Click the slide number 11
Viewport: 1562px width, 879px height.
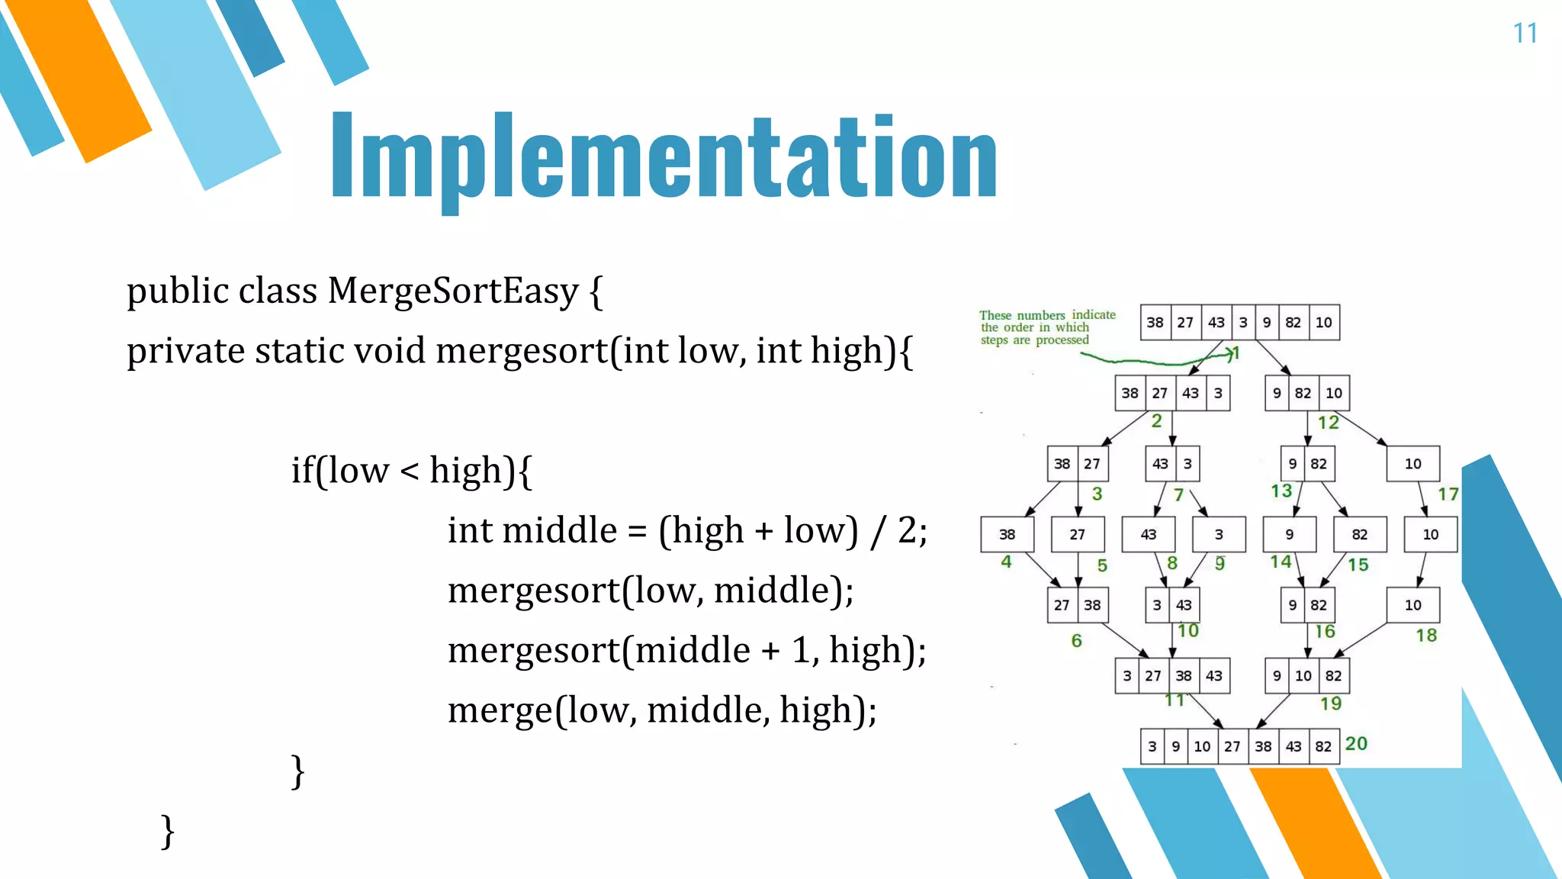tap(1525, 34)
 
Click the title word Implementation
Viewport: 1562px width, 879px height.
tap(664, 157)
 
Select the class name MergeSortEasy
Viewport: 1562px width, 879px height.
tap(453, 291)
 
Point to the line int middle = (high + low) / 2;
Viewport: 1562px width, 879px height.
tap(686, 530)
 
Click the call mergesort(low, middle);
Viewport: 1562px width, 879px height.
tap(650, 591)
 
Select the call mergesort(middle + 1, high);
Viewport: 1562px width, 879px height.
tap(686, 650)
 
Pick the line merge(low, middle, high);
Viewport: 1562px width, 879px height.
tap(661, 710)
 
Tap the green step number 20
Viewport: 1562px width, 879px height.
tap(1356, 743)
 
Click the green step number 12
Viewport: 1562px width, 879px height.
tap(1328, 423)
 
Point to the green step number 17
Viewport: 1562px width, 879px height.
tap(1448, 494)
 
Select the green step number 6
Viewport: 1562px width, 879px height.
tap(1076, 641)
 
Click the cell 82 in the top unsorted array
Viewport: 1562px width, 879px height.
tap(1293, 323)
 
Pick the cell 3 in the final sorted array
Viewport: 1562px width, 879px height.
tap(1152, 746)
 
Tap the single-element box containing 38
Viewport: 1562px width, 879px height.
tap(1007, 535)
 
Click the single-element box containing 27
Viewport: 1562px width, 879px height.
tap(1077, 535)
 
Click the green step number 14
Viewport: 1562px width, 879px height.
tap(1281, 562)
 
